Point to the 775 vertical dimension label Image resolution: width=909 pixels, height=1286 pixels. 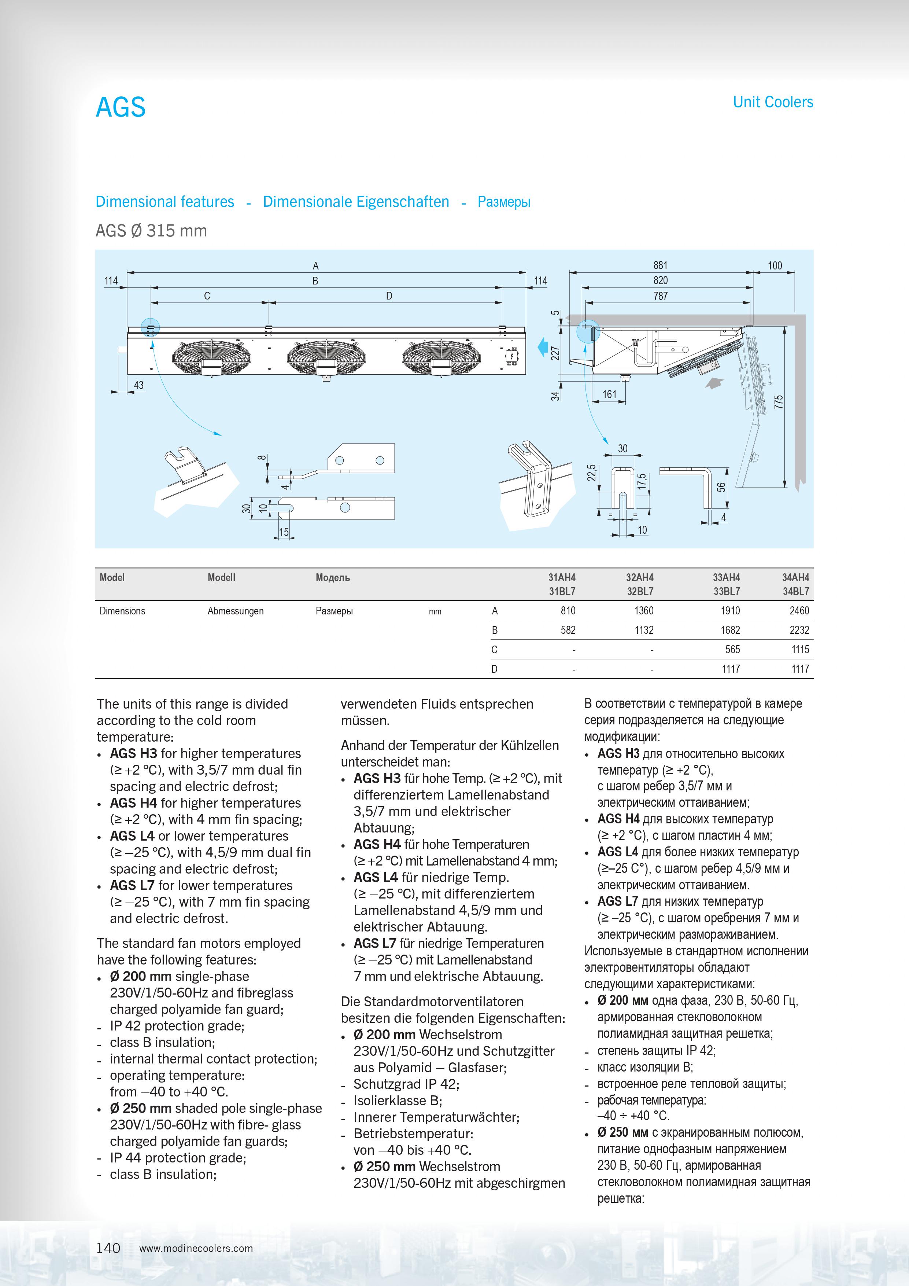(x=779, y=401)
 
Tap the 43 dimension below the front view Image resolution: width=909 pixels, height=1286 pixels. (x=138, y=385)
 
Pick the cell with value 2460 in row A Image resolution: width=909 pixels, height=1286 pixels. (x=799, y=610)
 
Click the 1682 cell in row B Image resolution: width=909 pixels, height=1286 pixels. (x=730, y=630)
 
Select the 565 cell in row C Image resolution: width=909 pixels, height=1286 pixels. (x=732, y=649)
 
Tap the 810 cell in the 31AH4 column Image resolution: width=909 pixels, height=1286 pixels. (x=568, y=610)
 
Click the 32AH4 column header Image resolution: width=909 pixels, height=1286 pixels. (x=639, y=577)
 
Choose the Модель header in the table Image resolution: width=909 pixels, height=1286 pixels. (x=332, y=577)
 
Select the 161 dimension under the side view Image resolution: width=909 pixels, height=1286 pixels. (x=609, y=394)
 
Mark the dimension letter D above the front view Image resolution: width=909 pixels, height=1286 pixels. (x=389, y=296)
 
